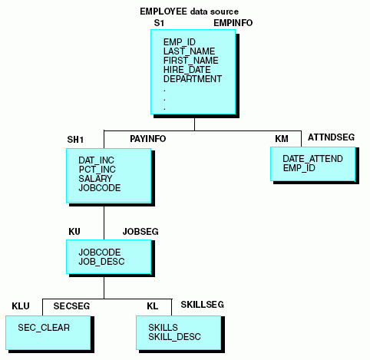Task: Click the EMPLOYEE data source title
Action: click(x=189, y=12)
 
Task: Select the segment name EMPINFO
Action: click(x=233, y=23)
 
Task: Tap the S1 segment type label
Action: click(x=159, y=23)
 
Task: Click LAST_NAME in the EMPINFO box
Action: click(x=189, y=51)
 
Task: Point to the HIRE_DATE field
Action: click(x=187, y=70)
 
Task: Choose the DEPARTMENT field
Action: click(x=193, y=79)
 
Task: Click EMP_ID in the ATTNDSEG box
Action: click(x=299, y=168)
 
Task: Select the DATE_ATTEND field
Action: click(x=312, y=159)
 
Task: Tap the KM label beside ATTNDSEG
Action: click(x=282, y=139)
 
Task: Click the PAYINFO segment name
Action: click(x=148, y=139)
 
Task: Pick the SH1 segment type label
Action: click(x=75, y=140)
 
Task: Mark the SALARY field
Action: click(x=95, y=179)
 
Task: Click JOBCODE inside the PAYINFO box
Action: click(x=100, y=188)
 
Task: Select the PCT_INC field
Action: click(x=97, y=170)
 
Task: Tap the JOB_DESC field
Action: click(x=101, y=262)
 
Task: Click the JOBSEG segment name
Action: click(x=140, y=232)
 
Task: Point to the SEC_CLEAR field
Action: click(x=44, y=328)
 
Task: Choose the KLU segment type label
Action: click(x=21, y=306)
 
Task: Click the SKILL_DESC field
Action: click(x=174, y=337)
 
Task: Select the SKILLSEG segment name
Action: click(x=203, y=305)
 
